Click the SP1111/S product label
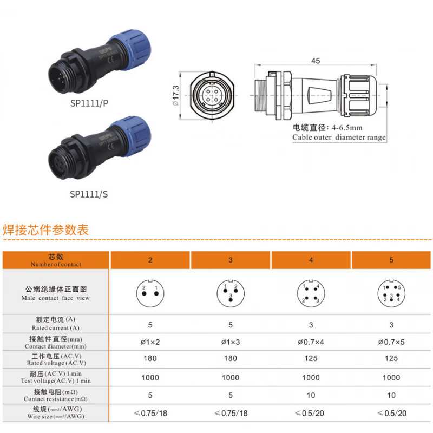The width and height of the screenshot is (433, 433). point(89,193)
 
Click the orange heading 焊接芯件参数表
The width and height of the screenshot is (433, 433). point(45,229)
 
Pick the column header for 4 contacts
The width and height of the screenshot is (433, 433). point(311,260)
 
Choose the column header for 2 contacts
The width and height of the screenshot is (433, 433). point(150,260)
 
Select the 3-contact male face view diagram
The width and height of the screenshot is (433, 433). point(230,293)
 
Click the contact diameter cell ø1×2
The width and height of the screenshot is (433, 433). point(150,342)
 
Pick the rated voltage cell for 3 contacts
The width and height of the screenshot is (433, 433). point(230,358)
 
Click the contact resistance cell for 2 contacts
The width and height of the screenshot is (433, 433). point(150,395)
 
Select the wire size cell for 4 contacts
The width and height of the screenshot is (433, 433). point(311,413)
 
